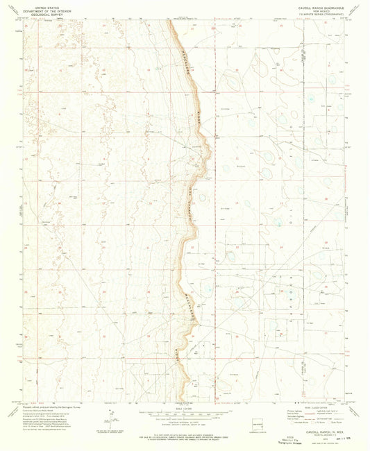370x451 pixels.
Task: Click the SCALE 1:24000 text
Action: click(184, 406)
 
